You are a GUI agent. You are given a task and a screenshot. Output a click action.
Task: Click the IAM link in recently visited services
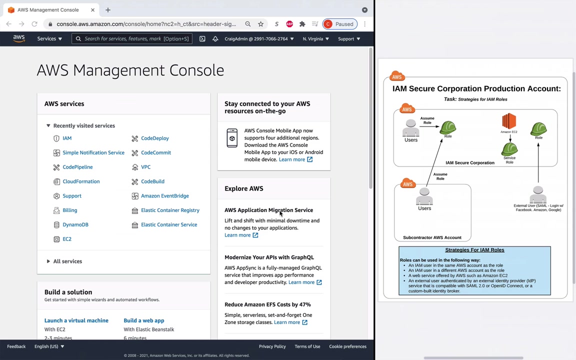tap(67, 138)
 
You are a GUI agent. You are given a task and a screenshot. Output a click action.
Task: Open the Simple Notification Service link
tap(93, 153)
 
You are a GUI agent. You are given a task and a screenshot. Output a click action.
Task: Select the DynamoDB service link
tap(75, 225)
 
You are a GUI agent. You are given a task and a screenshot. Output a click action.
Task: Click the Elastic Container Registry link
tap(170, 210)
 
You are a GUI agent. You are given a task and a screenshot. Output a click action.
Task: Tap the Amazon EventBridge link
tap(164, 196)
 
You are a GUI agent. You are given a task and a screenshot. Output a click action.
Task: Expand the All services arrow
tap(48, 261)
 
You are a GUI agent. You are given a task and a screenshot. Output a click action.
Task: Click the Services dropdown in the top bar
tap(49, 39)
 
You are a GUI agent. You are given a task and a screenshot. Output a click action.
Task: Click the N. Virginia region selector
tap(315, 39)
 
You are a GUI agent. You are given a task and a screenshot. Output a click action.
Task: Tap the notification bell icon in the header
tap(215, 39)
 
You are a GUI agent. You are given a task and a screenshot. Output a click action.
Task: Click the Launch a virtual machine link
tap(76, 320)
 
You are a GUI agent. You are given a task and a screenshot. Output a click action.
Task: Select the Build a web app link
tap(144, 320)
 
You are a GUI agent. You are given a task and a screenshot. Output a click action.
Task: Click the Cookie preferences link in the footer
tap(347, 346)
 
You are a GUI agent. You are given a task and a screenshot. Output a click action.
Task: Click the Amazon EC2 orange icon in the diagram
tap(509, 121)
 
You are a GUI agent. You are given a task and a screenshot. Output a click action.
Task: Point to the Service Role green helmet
tap(509, 149)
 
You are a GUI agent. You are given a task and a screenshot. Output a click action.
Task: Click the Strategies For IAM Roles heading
tap(474, 250)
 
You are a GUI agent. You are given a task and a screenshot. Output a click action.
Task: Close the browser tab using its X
tap(92, 10)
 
